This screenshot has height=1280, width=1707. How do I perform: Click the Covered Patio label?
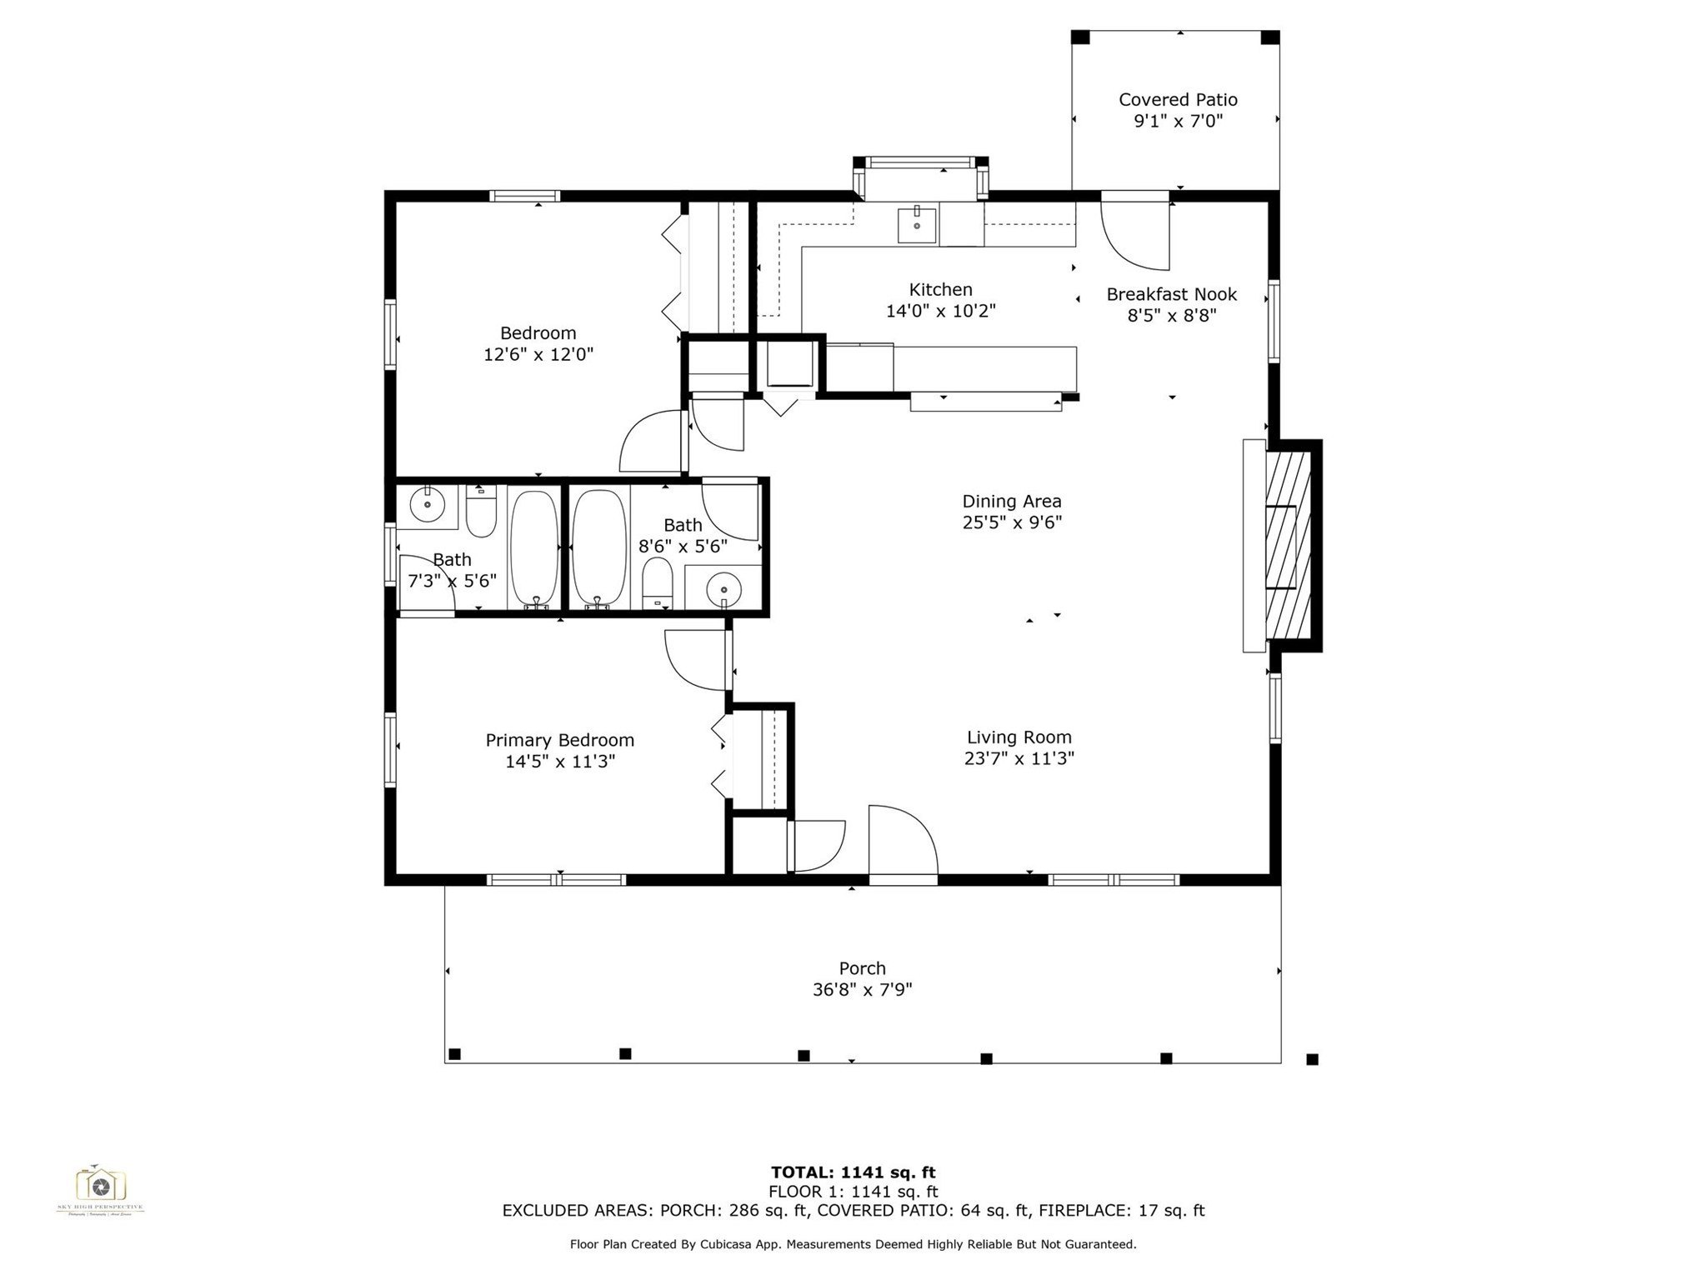[1177, 100]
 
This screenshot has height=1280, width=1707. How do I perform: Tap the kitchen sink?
[916, 225]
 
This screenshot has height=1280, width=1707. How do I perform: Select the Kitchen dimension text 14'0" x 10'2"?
[940, 311]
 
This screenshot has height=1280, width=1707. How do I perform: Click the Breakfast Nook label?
[1171, 294]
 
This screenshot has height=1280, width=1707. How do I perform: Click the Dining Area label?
[1011, 501]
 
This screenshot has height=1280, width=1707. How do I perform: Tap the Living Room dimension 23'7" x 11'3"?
[1019, 758]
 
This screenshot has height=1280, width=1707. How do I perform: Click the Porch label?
[862, 968]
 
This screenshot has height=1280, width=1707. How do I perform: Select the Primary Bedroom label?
[559, 740]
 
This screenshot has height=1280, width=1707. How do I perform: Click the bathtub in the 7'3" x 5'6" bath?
[533, 546]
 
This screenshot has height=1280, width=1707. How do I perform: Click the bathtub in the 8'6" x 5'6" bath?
[598, 546]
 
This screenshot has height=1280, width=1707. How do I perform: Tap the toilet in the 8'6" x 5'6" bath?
[657, 581]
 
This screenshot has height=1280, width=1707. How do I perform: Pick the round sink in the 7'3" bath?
[428, 504]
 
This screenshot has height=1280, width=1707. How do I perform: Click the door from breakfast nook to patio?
[1135, 233]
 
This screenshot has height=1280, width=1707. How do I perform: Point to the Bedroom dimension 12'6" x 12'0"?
[538, 354]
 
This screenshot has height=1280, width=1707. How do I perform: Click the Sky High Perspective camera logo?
[100, 1185]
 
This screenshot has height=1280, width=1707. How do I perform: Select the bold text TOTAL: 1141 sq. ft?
[853, 1172]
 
